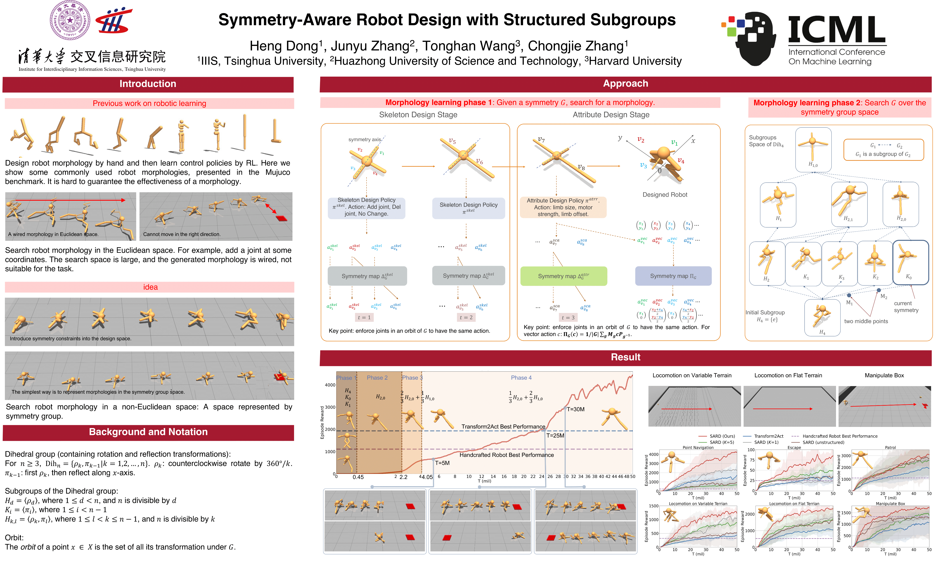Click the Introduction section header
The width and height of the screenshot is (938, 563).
point(148,84)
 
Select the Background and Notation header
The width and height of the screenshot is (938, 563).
point(148,432)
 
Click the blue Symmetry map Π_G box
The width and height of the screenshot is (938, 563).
point(673,276)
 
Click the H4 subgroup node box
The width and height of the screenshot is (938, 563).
point(822,318)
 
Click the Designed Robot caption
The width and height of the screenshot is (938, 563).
point(665,195)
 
